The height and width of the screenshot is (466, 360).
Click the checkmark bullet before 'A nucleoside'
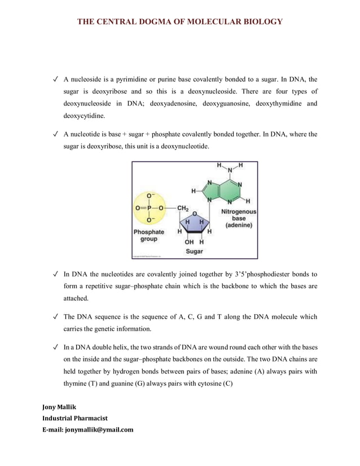(x=55, y=80)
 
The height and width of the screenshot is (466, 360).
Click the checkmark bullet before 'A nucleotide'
(x=55, y=134)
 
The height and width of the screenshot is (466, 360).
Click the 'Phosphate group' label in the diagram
(x=149, y=235)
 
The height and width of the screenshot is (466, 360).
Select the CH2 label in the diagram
(x=183, y=208)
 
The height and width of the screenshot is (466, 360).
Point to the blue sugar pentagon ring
(x=194, y=222)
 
